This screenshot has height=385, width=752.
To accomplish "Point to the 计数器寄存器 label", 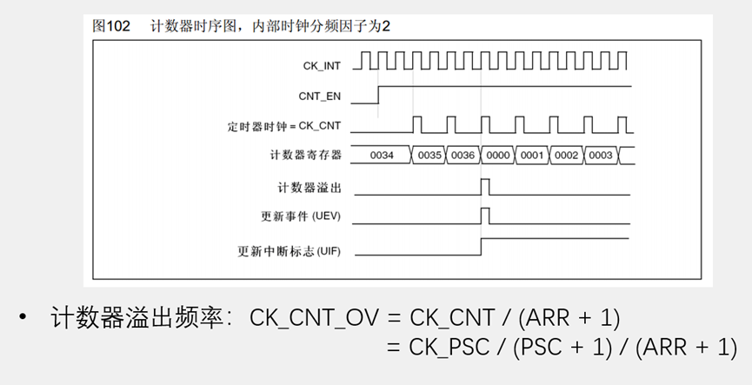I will (x=306, y=156).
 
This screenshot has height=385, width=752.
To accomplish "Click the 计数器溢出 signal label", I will (x=310, y=187).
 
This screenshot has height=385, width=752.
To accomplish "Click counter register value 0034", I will (x=382, y=156).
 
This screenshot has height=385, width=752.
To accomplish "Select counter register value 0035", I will (x=429, y=156).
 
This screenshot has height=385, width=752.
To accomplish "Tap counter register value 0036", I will (x=463, y=156).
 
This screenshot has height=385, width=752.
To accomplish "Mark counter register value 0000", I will (x=498, y=156).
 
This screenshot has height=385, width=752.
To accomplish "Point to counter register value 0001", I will (x=532, y=156).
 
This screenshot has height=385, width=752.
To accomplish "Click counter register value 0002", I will (x=566, y=156).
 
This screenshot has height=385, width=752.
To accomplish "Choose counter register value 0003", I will (x=600, y=156).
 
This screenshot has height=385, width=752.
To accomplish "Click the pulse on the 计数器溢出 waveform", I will (x=485, y=186).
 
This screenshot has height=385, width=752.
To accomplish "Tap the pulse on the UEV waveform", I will (x=485, y=216).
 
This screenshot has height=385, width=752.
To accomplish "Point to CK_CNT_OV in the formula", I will (x=314, y=317).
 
